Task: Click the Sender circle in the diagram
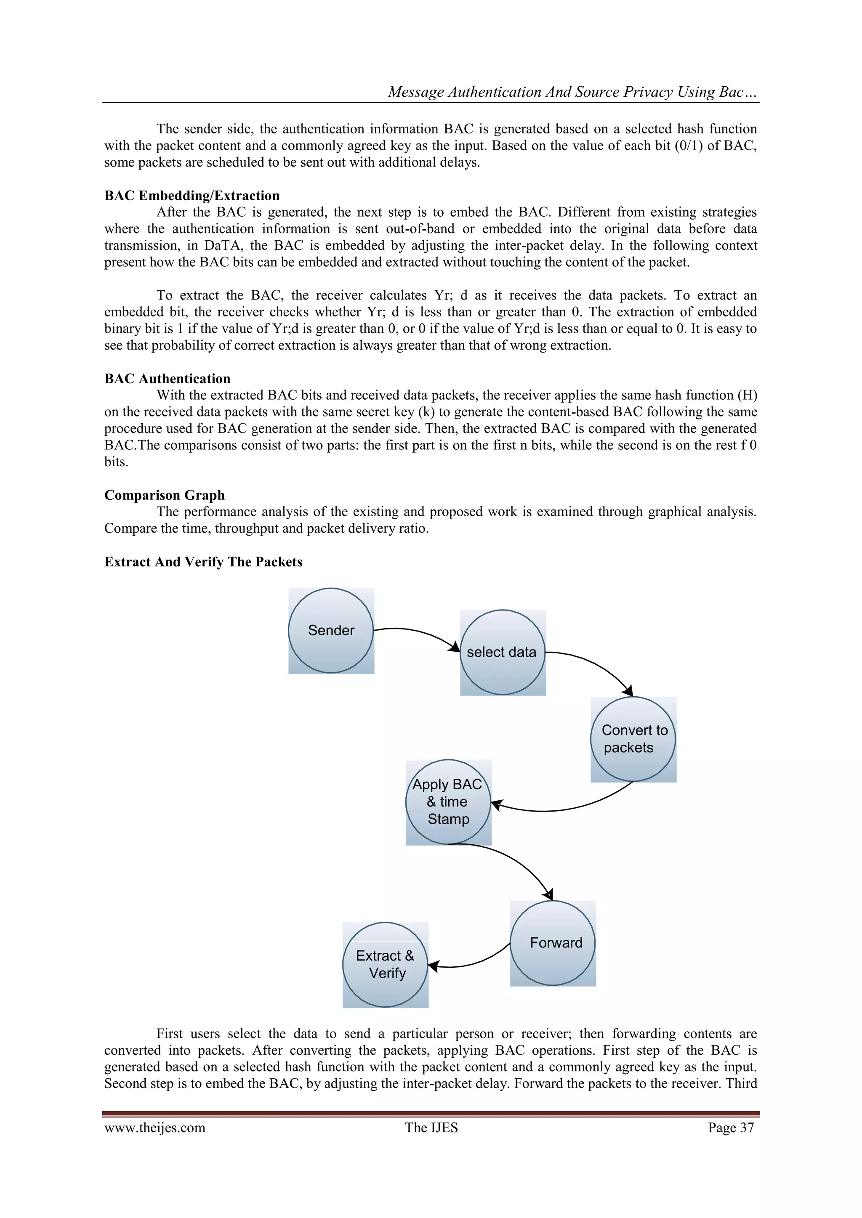pyautogui.click(x=331, y=630)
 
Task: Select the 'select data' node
pyautogui.click(x=502, y=652)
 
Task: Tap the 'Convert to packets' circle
pyautogui.click(x=633, y=739)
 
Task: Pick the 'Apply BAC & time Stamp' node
pyautogui.click(x=448, y=801)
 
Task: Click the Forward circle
pyautogui.click(x=553, y=943)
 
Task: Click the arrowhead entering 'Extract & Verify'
pyautogui.click(x=433, y=966)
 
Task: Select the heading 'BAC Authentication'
pyautogui.click(x=167, y=379)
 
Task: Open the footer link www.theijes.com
pyautogui.click(x=154, y=1127)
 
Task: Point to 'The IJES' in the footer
pyautogui.click(x=431, y=1127)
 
